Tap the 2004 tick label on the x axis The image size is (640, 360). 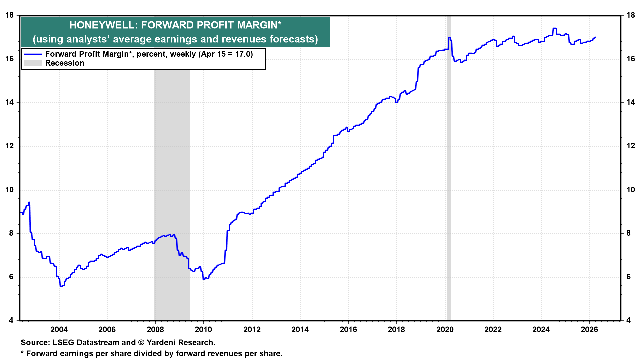pos(59,330)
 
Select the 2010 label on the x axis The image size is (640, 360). pos(203,330)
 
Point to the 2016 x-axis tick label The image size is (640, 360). pos(348,330)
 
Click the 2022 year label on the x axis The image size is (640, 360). pos(493,330)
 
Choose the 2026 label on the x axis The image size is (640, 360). pos(589,330)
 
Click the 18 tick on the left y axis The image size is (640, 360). pos(10,15)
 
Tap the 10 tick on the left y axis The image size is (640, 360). pos(10,190)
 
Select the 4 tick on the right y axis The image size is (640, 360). pos(628,320)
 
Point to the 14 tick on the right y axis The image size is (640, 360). pos(630,102)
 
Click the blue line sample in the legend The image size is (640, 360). pos(33,54)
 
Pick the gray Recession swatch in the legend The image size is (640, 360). pos(33,63)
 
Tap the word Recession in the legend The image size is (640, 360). pos(65,63)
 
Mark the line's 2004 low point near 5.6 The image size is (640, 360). pos(61,286)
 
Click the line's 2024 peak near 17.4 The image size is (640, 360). pos(554,28)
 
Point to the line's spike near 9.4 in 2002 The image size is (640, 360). pos(29,202)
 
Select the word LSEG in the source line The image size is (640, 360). pos(63,343)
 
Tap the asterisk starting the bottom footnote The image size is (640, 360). pos(22,353)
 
